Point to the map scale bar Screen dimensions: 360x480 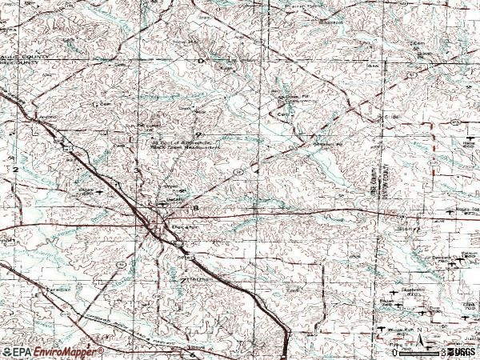[x=415, y=351]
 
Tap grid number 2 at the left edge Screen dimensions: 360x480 [x=14, y=170]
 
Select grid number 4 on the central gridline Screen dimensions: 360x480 [x=257, y=171]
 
